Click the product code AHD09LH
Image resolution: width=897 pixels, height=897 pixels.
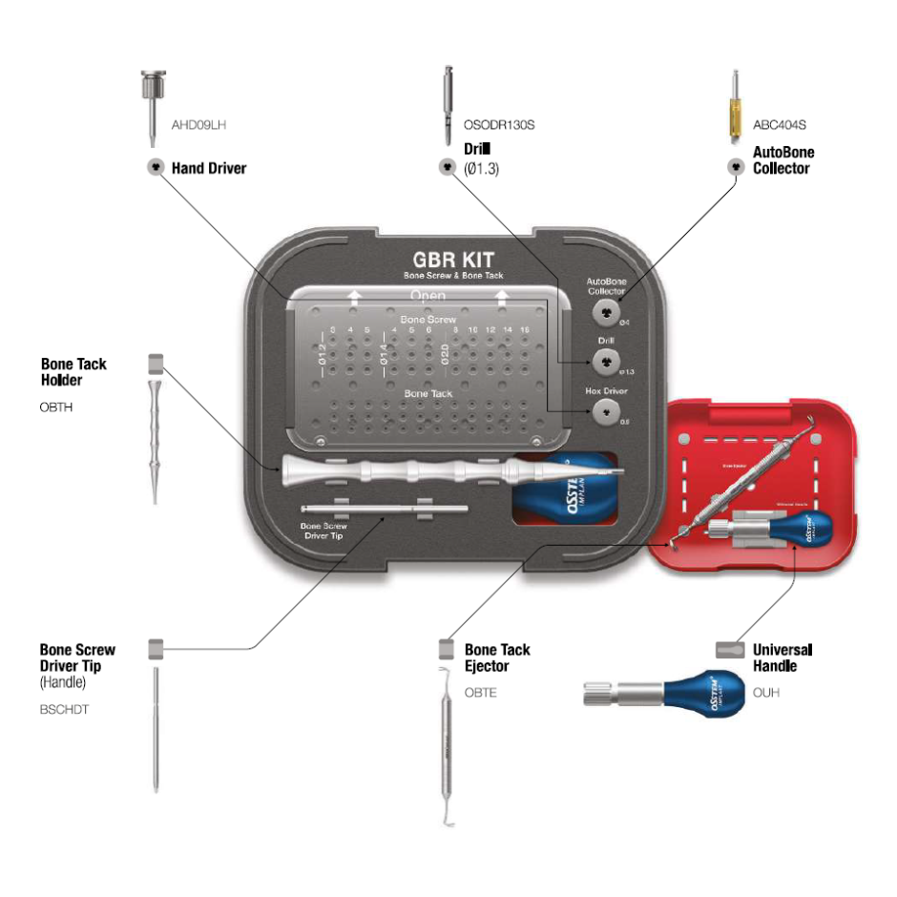click(198, 124)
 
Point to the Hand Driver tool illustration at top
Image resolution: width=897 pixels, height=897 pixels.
click(152, 105)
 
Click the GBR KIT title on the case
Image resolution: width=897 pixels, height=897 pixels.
click(453, 259)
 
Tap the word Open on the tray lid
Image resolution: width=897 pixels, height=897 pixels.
click(428, 296)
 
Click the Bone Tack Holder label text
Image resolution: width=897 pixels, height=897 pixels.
click(73, 372)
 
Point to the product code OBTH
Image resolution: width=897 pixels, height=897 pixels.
click(57, 407)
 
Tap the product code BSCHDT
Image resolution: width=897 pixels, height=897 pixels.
click(65, 710)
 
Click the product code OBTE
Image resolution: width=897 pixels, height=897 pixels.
click(481, 692)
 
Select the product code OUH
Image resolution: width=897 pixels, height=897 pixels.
click(765, 692)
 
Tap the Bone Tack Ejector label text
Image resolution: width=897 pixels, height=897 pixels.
click(497, 657)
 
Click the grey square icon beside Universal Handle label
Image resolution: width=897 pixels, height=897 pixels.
click(729, 650)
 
